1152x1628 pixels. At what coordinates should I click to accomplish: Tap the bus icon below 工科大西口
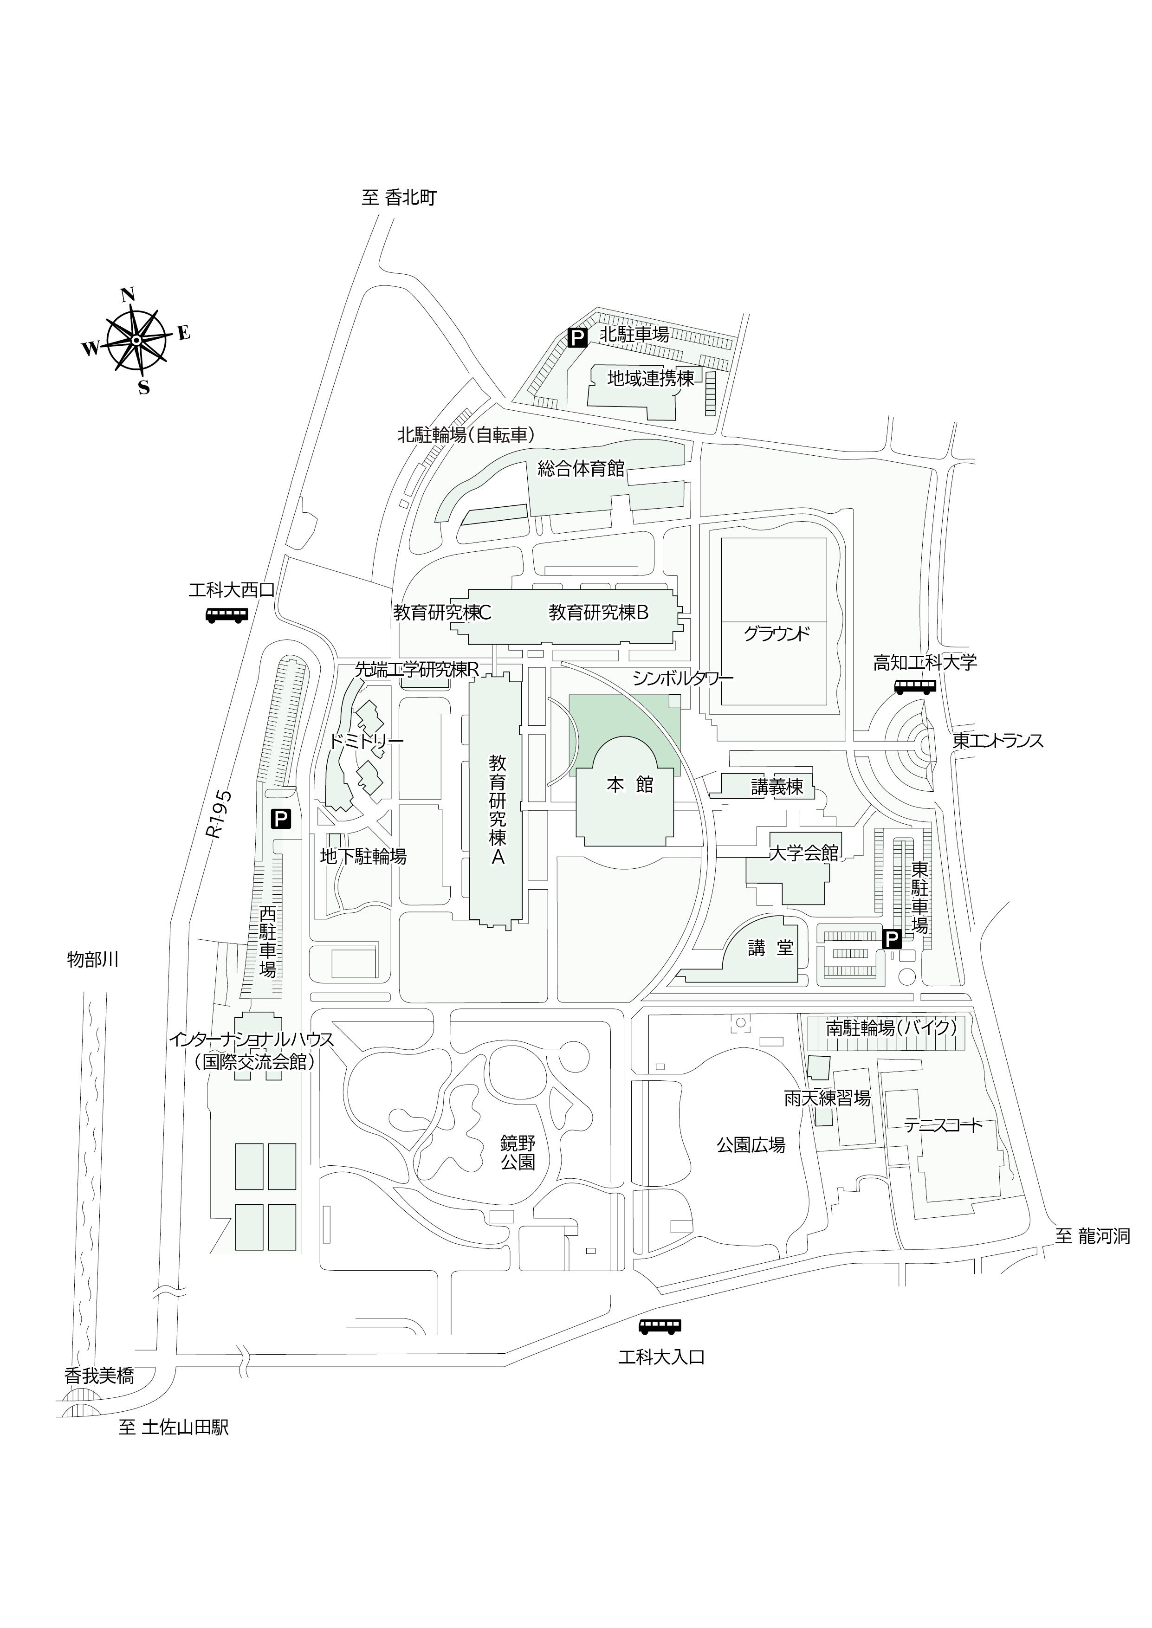pos(227,615)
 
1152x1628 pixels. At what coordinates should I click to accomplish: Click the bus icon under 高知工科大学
pos(915,686)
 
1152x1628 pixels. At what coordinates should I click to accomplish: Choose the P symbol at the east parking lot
pos(891,939)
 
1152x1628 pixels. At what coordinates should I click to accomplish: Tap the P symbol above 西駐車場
pos(281,820)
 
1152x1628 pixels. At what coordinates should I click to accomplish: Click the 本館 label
pos(630,784)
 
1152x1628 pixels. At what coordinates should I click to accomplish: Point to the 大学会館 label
pos(804,853)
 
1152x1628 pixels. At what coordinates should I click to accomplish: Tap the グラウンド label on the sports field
pos(776,633)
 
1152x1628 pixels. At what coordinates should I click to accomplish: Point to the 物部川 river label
pos(93,959)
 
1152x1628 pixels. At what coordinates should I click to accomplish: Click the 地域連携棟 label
pos(650,379)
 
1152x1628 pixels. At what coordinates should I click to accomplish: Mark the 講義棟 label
pos(777,787)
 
